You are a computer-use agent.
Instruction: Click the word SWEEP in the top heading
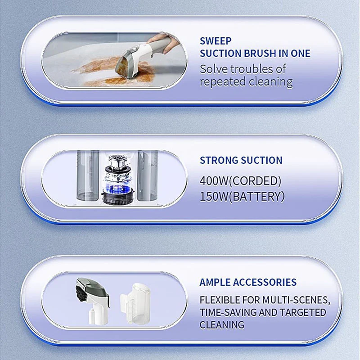(x=216, y=40)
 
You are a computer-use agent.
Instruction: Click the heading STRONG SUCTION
(x=241, y=160)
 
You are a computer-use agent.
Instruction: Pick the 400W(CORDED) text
(x=241, y=181)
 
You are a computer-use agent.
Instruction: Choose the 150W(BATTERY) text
(x=242, y=197)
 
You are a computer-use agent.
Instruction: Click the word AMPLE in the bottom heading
(x=215, y=283)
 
